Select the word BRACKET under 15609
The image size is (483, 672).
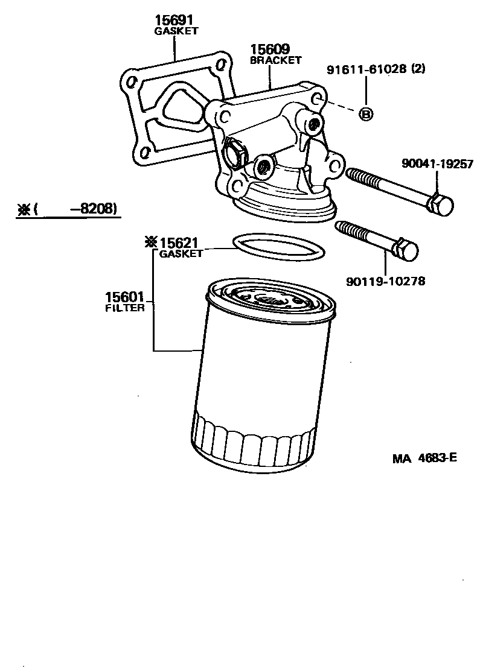(275, 60)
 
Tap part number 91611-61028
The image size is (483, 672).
(366, 69)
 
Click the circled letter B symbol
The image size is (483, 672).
(366, 113)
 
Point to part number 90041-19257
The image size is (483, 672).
(437, 163)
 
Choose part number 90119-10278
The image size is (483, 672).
(385, 281)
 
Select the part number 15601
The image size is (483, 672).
(124, 297)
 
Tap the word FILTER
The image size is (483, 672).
(125, 308)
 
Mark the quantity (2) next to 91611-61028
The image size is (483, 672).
(418, 69)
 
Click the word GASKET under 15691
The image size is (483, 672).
(176, 30)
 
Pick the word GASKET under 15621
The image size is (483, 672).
(181, 254)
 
